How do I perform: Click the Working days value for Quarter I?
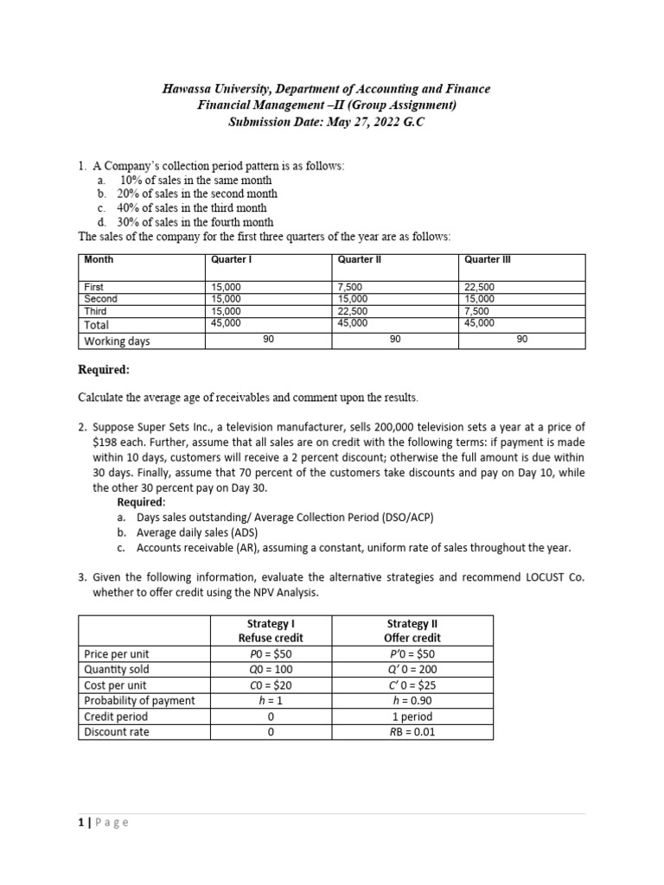(268, 341)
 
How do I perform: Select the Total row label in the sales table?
(96, 325)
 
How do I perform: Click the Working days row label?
(117, 341)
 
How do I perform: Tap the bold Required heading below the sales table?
(104, 370)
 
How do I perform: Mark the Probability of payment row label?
(139, 700)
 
